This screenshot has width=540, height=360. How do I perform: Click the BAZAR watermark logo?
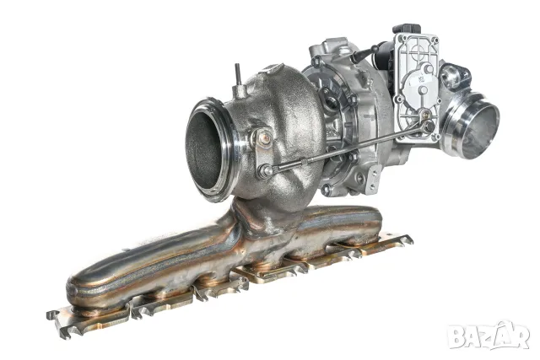click(x=489, y=335)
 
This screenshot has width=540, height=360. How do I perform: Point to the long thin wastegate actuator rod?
click(x=348, y=148)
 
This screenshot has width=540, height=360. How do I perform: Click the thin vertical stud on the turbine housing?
click(x=238, y=74)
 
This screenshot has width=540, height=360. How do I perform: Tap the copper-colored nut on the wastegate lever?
click(x=265, y=138)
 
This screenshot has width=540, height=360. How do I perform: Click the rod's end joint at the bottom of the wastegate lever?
click(x=266, y=170)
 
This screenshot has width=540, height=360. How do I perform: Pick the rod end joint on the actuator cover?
click(x=428, y=126)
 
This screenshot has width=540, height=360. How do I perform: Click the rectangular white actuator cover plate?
click(x=417, y=87)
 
